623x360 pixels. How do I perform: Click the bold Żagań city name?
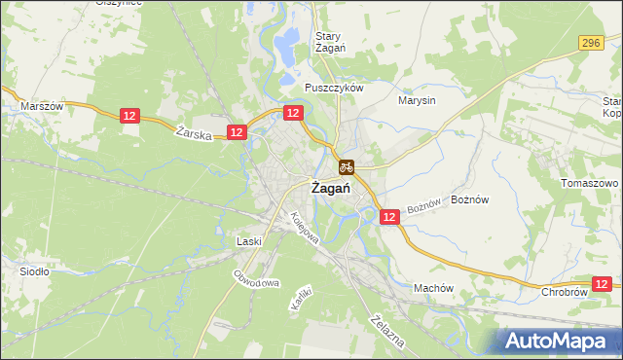point(330,189)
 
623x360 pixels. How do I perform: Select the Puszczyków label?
point(334,87)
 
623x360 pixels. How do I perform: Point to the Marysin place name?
point(418,99)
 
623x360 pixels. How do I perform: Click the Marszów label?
point(42,106)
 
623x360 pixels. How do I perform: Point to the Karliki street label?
point(299,297)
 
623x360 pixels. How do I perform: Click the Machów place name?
point(434,288)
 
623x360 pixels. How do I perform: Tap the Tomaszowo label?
point(590,183)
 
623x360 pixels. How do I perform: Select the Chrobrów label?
point(564,291)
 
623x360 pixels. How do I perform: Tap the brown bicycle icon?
point(347,165)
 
